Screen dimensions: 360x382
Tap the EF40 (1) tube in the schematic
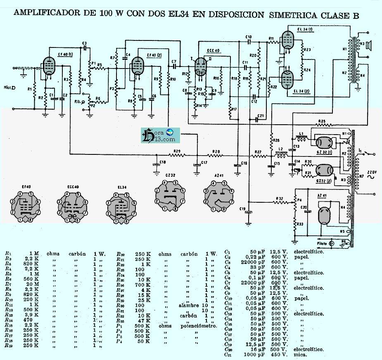[49, 66]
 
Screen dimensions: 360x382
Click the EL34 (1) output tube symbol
[287, 40]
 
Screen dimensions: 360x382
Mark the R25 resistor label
[323, 121]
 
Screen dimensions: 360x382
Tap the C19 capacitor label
[242, 208]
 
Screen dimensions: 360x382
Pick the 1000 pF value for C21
[256, 355]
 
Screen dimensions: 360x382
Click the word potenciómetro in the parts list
[198, 326]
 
